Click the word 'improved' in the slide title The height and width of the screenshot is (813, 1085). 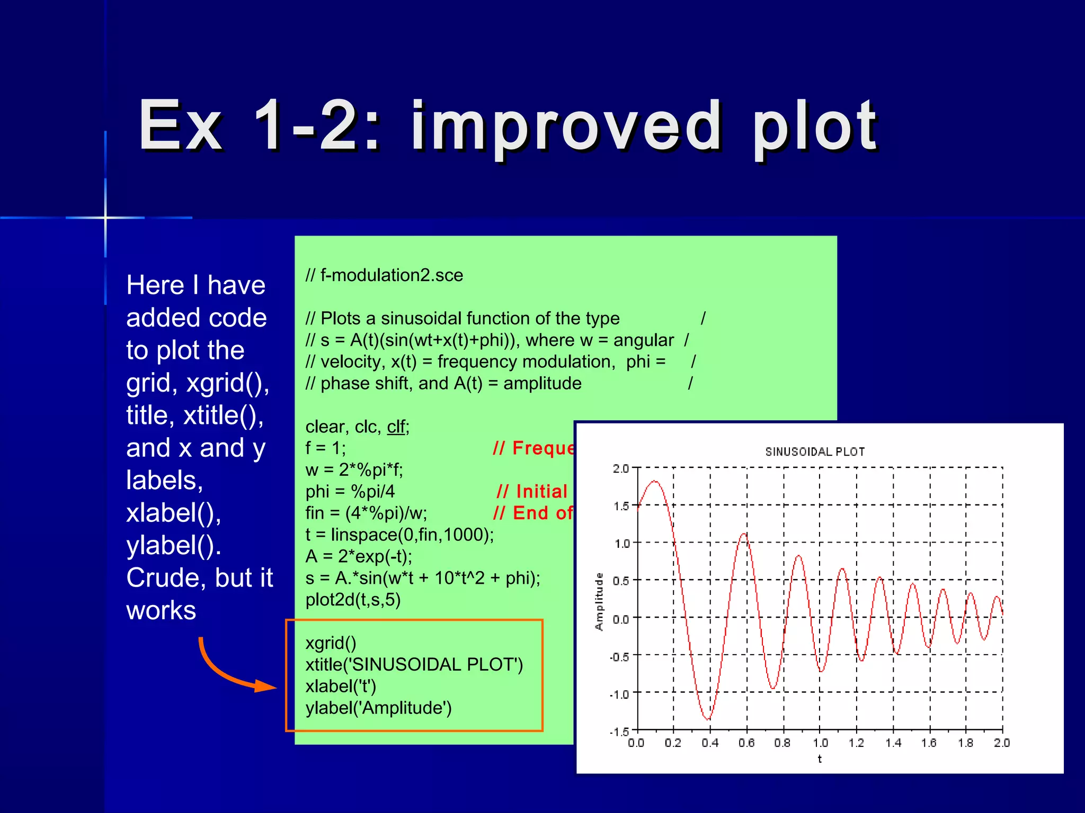566,127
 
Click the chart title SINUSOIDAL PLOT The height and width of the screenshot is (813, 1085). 815,451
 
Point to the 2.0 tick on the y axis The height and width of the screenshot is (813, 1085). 620,468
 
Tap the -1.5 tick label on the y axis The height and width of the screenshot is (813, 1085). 619,731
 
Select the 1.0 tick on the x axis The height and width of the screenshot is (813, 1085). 820,743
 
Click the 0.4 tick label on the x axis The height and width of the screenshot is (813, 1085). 710,743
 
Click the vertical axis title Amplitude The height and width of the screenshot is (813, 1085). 599,601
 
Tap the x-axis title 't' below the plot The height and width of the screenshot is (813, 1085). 820,759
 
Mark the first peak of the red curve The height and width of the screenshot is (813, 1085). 655,481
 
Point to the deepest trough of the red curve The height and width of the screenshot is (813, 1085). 708,719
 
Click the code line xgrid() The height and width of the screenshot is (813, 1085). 331,643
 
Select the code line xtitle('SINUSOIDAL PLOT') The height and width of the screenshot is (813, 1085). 414,664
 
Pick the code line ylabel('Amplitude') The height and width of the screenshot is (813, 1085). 378,708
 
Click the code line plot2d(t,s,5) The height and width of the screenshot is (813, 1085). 353,599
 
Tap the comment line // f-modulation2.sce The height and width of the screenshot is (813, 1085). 384,275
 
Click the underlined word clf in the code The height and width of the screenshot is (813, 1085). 396,427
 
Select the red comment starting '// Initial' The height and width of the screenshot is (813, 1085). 532,491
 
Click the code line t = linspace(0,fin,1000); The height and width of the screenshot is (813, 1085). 399,535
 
